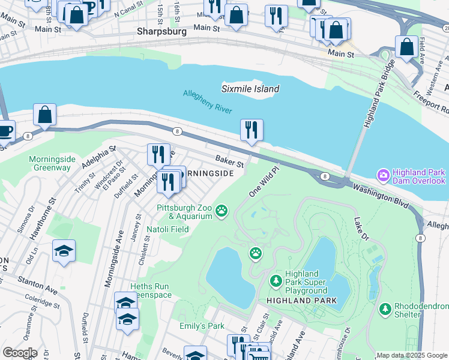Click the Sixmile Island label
[250, 89]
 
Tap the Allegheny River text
[207, 101]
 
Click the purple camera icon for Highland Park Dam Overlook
[382, 175]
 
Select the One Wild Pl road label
[265, 181]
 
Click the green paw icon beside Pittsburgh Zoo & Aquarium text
[222, 210]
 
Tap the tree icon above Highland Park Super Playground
[276, 280]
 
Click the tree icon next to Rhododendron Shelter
[385, 309]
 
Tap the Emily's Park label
[202, 326]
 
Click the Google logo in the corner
[20, 353]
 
